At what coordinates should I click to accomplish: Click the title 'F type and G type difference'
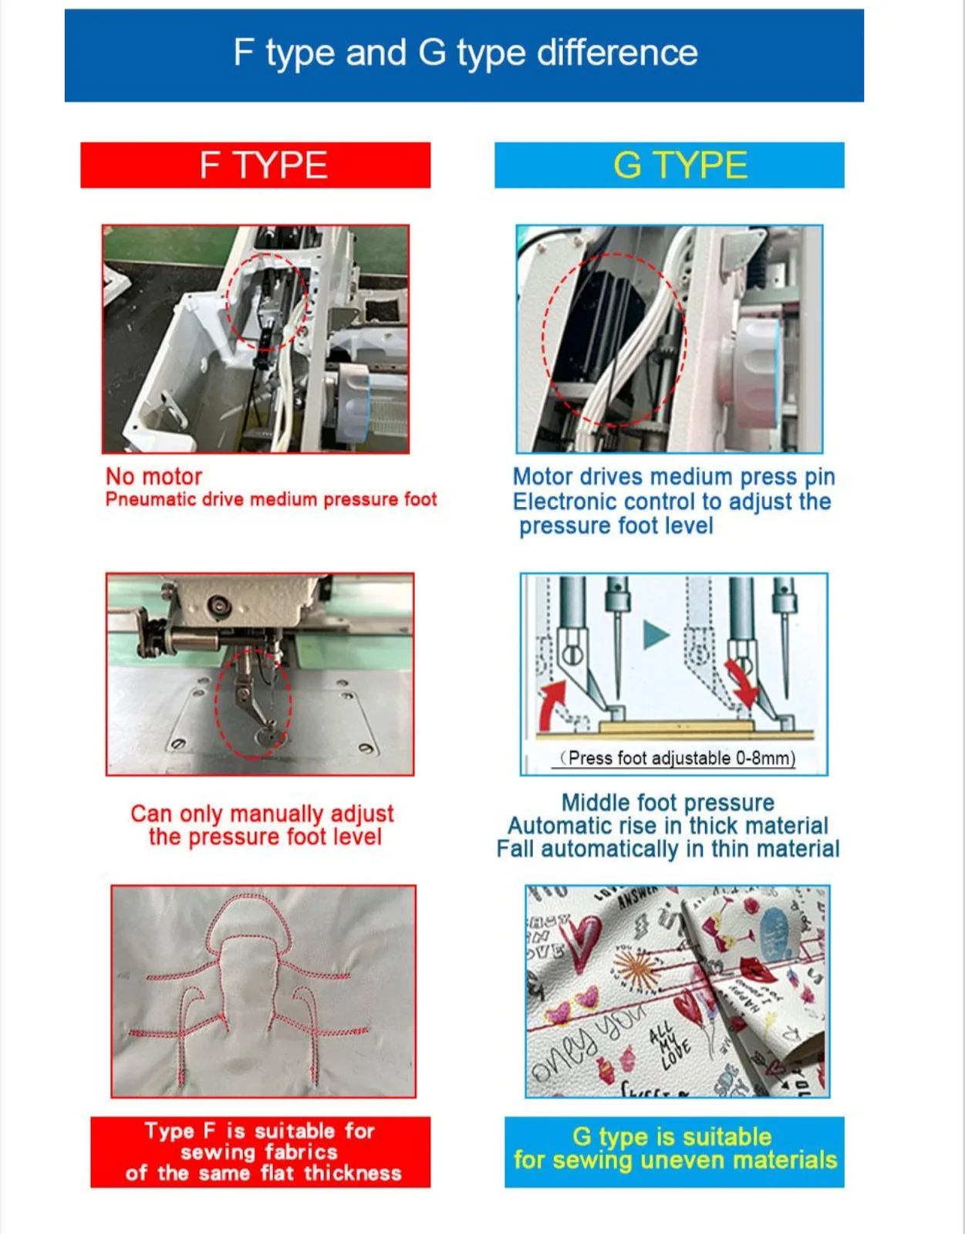coord(465,52)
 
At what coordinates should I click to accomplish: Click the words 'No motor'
coord(154,476)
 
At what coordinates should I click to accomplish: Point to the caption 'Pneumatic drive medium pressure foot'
coord(272,500)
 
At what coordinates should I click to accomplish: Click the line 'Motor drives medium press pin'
coord(673,476)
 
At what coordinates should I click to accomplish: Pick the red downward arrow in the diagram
coord(741,681)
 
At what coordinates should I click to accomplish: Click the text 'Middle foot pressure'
coord(668,803)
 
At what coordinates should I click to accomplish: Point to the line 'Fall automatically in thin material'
coord(668,849)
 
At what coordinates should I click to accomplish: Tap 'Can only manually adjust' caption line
coord(262,813)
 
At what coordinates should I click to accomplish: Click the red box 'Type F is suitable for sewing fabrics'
coord(261,1152)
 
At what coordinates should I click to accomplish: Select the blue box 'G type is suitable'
coord(674,1152)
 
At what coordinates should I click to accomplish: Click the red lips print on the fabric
coord(757,969)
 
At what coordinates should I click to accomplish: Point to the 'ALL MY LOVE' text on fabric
coord(670,1043)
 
